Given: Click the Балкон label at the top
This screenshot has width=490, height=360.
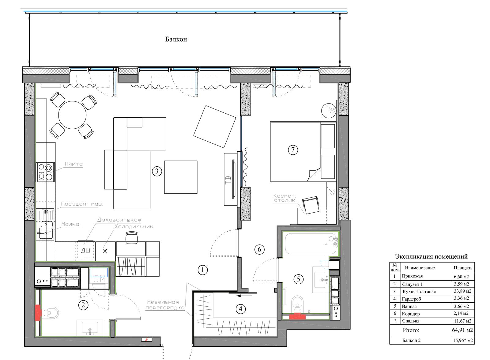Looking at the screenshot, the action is (176, 39).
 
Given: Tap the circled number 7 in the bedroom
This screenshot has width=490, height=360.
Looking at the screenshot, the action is (293, 150).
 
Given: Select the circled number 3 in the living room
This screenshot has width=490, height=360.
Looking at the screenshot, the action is (157, 171).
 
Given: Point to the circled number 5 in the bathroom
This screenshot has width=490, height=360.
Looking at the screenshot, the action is (298, 279).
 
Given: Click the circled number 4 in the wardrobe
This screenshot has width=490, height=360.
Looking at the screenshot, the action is (241, 309).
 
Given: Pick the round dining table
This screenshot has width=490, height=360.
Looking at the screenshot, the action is (72, 115).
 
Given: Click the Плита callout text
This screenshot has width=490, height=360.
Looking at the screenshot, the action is (74, 164).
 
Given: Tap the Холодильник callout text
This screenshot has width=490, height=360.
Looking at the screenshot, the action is (134, 226).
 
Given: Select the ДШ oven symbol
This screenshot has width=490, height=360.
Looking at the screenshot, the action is (86, 250).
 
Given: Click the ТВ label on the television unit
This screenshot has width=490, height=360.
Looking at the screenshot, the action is (228, 180).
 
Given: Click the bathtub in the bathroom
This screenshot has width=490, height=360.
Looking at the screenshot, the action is (310, 244).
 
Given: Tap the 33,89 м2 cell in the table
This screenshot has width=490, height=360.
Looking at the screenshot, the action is (462, 291).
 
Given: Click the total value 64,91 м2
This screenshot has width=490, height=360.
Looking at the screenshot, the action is (462, 330).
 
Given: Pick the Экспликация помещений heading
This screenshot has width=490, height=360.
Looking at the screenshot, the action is (431, 256).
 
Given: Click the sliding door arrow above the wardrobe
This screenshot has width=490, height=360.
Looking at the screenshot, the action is (245, 296).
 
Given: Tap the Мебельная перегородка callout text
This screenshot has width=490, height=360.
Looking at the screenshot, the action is (165, 305).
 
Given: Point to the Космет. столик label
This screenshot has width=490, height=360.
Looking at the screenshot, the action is (285, 198).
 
